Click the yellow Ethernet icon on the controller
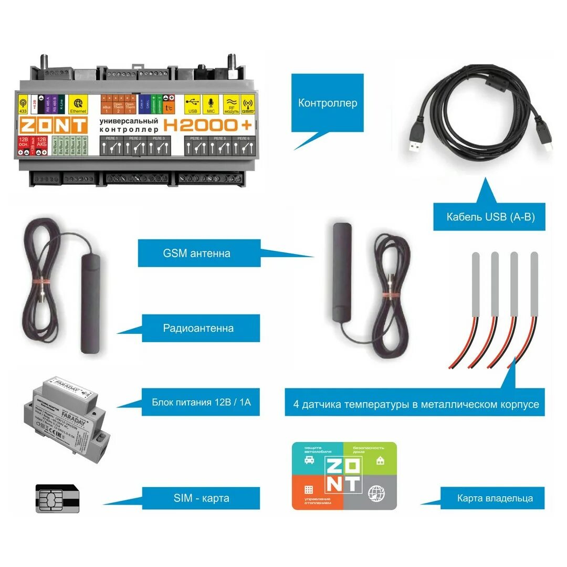tap(79, 103)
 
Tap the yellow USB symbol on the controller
tap(192, 103)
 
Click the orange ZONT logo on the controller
tap(54, 125)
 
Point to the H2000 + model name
tap(207, 125)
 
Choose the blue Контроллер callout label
tap(328, 103)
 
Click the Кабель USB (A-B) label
tap(490, 216)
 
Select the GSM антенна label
tap(196, 253)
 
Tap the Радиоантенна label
tap(198, 329)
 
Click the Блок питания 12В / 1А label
tap(201, 403)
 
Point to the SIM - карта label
tap(201, 498)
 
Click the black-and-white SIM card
tap(58, 499)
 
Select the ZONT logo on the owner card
tap(344, 476)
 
